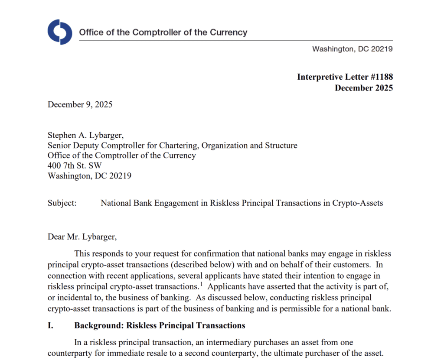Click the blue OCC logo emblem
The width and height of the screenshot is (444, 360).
(60, 32)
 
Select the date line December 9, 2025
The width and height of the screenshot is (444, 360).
(80, 104)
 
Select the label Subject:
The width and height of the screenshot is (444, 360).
(62, 202)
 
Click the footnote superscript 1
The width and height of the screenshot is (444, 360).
(202, 284)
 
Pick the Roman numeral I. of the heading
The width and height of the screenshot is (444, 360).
(51, 325)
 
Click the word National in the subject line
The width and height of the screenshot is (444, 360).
(116, 202)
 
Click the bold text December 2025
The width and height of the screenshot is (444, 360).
(364, 88)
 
